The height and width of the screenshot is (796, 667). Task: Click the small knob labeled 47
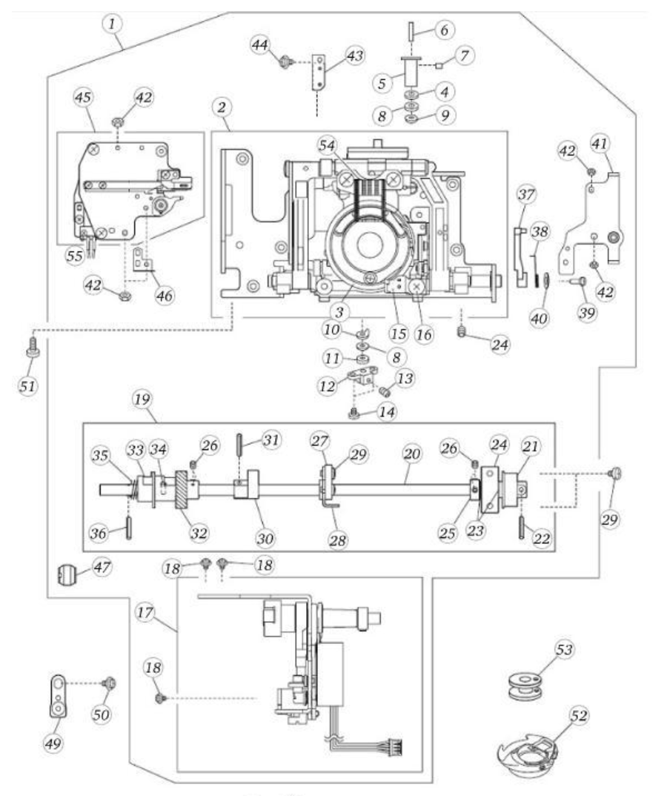[x=66, y=573]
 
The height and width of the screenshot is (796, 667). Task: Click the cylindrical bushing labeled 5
[x=410, y=73]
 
